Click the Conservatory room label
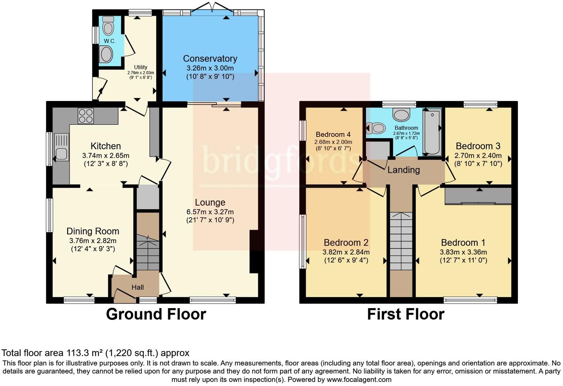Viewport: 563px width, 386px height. (210, 58)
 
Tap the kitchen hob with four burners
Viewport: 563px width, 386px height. (86, 116)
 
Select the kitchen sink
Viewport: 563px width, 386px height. (61, 147)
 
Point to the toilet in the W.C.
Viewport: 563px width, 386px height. (108, 26)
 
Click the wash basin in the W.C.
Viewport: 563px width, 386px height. (106, 54)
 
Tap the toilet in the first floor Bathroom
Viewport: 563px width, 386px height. (376, 128)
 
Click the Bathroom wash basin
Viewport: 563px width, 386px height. (402, 115)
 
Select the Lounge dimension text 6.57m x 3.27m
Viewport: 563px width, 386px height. (210, 212)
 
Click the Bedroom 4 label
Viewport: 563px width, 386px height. (333, 134)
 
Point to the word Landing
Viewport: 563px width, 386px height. (403, 170)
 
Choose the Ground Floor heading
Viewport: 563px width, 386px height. (156, 314)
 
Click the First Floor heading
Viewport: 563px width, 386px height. (406, 314)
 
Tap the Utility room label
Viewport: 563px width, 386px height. (140, 67)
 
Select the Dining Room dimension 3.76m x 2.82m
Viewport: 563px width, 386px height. (93, 241)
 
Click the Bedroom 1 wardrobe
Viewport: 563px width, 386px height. (478, 196)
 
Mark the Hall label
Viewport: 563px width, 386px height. (137, 287)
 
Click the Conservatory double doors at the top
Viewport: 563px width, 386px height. (212, 7)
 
